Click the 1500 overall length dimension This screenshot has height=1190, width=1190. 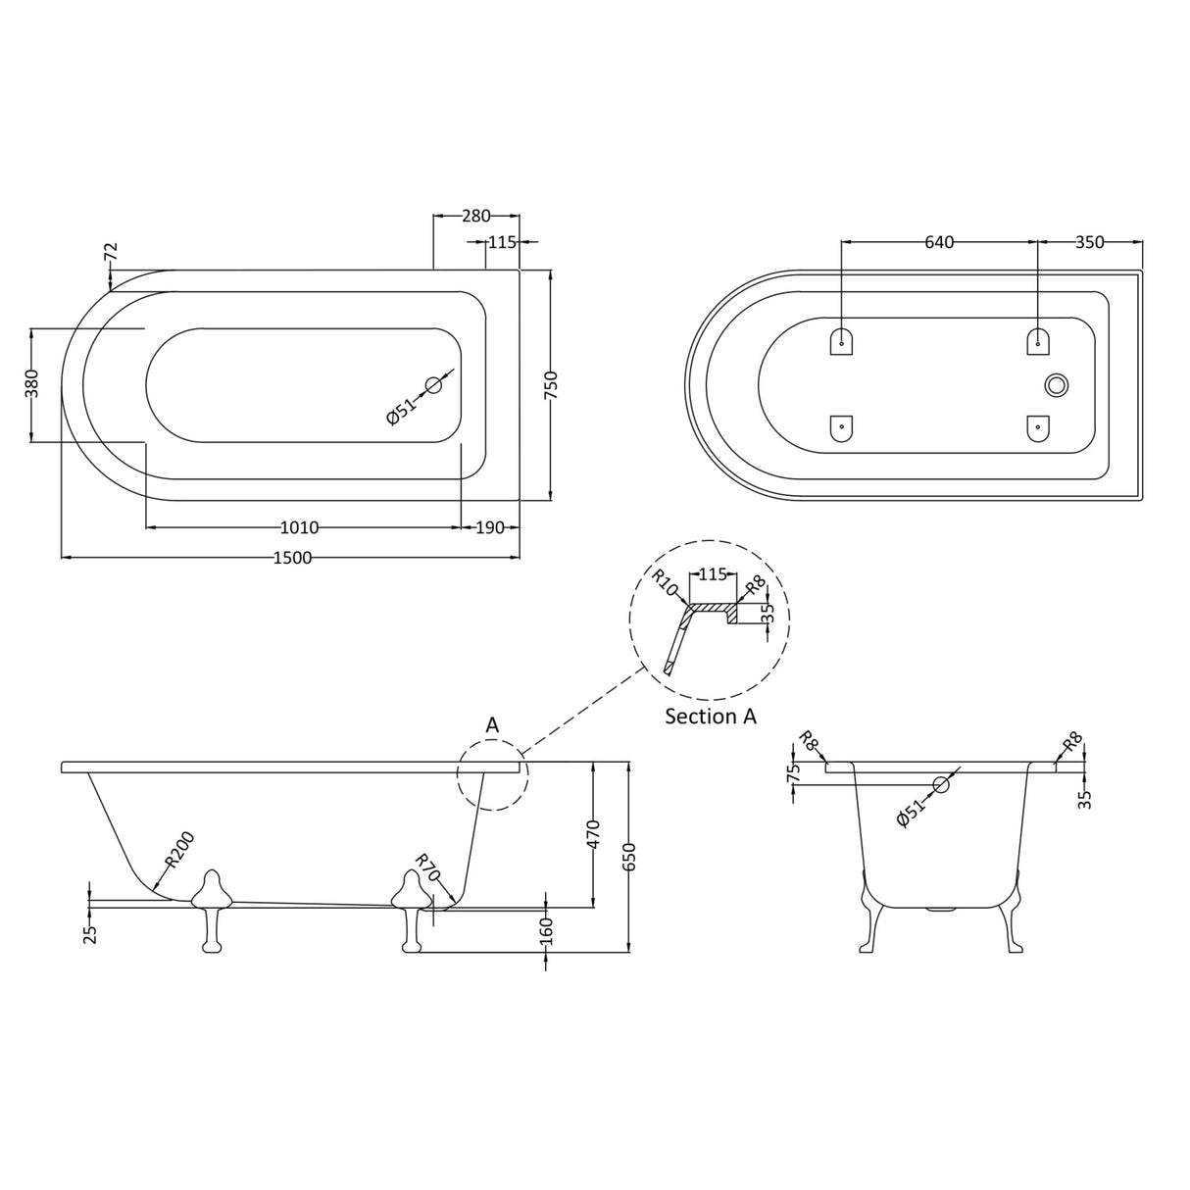[x=291, y=558]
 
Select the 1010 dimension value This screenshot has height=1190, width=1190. [x=299, y=528]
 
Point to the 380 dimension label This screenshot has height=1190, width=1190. [x=31, y=382]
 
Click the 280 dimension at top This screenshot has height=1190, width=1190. [x=475, y=216]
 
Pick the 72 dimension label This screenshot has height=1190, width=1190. [x=111, y=253]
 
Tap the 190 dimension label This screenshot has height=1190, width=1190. [x=489, y=528]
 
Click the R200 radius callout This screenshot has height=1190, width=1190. [x=179, y=849]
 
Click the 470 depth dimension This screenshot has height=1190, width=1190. [x=592, y=833]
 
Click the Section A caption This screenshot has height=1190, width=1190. [x=711, y=717]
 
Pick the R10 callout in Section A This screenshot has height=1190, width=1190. [x=665, y=583]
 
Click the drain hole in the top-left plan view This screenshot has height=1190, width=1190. [x=433, y=385]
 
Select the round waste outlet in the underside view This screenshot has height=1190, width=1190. [x=1056, y=385]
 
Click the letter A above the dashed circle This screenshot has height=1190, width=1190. [x=493, y=725]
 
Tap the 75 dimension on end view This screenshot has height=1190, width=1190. [x=794, y=770]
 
